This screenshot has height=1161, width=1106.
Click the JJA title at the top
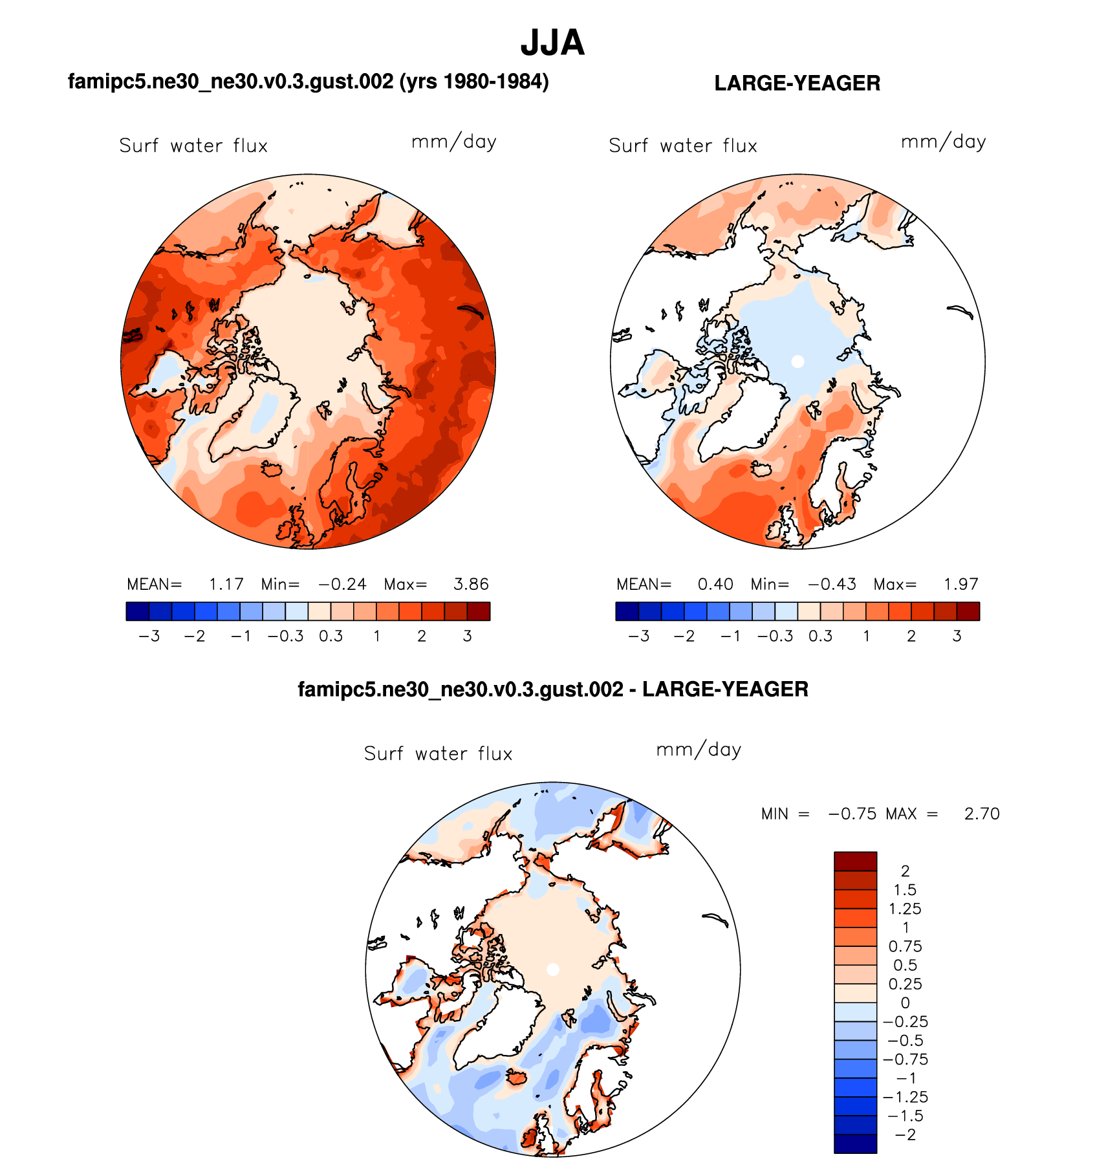click(552, 43)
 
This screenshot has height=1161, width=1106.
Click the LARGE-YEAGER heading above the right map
click(797, 83)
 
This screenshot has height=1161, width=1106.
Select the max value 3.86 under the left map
click(471, 585)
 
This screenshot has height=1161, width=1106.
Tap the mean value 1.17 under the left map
click(226, 585)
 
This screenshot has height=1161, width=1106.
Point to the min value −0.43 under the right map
click(832, 585)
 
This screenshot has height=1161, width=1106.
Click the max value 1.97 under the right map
click(960, 585)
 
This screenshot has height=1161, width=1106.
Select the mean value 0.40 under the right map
click(715, 585)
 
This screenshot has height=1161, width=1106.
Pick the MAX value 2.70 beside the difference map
click(982, 814)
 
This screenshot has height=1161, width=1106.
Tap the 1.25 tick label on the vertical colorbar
click(905, 909)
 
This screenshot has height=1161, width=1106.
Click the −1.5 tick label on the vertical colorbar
click(905, 1116)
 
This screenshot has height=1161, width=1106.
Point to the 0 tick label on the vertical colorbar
click(905, 1003)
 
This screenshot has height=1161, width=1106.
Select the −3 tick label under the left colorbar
click(149, 636)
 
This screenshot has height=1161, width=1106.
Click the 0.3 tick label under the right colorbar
click(820, 636)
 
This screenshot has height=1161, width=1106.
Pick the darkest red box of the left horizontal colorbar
click(479, 611)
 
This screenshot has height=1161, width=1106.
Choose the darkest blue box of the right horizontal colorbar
click(627, 611)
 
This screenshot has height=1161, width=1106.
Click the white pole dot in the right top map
click(797, 362)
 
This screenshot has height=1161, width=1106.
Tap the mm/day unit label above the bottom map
click(699, 750)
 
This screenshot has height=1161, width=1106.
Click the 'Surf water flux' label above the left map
click(193, 146)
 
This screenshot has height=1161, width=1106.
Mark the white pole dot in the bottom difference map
click(552, 970)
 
